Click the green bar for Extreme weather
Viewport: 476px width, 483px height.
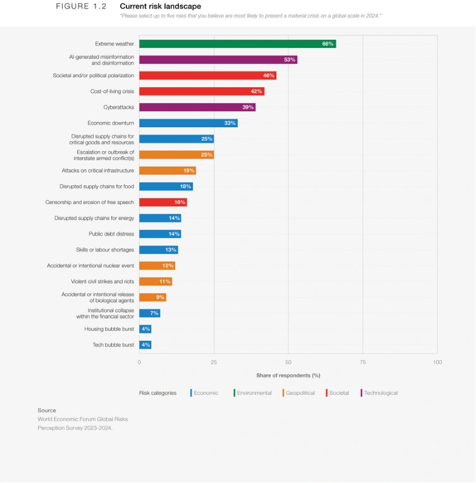point(237,44)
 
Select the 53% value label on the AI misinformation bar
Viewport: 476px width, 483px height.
point(290,60)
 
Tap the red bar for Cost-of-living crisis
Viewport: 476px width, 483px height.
point(202,92)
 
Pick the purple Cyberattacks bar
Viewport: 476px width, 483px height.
point(197,107)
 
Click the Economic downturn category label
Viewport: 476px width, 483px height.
point(111,123)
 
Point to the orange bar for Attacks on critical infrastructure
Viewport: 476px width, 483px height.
point(168,171)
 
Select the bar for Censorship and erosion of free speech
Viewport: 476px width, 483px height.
point(163,202)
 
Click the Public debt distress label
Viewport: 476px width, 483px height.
point(111,234)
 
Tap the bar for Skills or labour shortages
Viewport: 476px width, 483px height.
point(159,250)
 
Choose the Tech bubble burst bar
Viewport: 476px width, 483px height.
point(145,345)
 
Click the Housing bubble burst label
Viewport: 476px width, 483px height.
point(109,329)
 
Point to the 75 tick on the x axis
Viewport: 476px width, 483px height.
point(362,362)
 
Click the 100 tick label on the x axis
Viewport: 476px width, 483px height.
point(437,362)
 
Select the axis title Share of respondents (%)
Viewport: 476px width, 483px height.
point(288,376)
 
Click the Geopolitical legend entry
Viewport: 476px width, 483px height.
point(300,393)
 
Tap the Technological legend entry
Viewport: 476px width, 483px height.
point(380,393)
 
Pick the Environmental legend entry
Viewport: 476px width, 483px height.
point(253,393)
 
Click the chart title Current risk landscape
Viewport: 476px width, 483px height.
point(160,6)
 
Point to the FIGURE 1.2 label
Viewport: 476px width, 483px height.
point(81,6)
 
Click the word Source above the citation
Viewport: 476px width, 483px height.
point(47,410)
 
